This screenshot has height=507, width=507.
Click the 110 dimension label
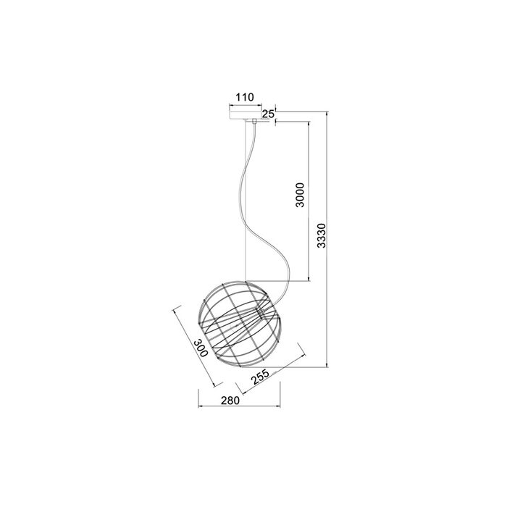[245, 97]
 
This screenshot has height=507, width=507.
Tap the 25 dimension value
[268, 114]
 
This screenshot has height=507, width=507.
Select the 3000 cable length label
[300, 195]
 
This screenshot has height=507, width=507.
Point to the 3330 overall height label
[322, 235]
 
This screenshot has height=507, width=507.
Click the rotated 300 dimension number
[201, 348]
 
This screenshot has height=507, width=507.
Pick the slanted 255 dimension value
[260, 377]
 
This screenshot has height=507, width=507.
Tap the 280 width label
[230, 401]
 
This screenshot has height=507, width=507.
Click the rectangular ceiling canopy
[246, 115]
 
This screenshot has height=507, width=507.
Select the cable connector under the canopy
[254, 122]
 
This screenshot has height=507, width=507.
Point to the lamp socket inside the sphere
[259, 311]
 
